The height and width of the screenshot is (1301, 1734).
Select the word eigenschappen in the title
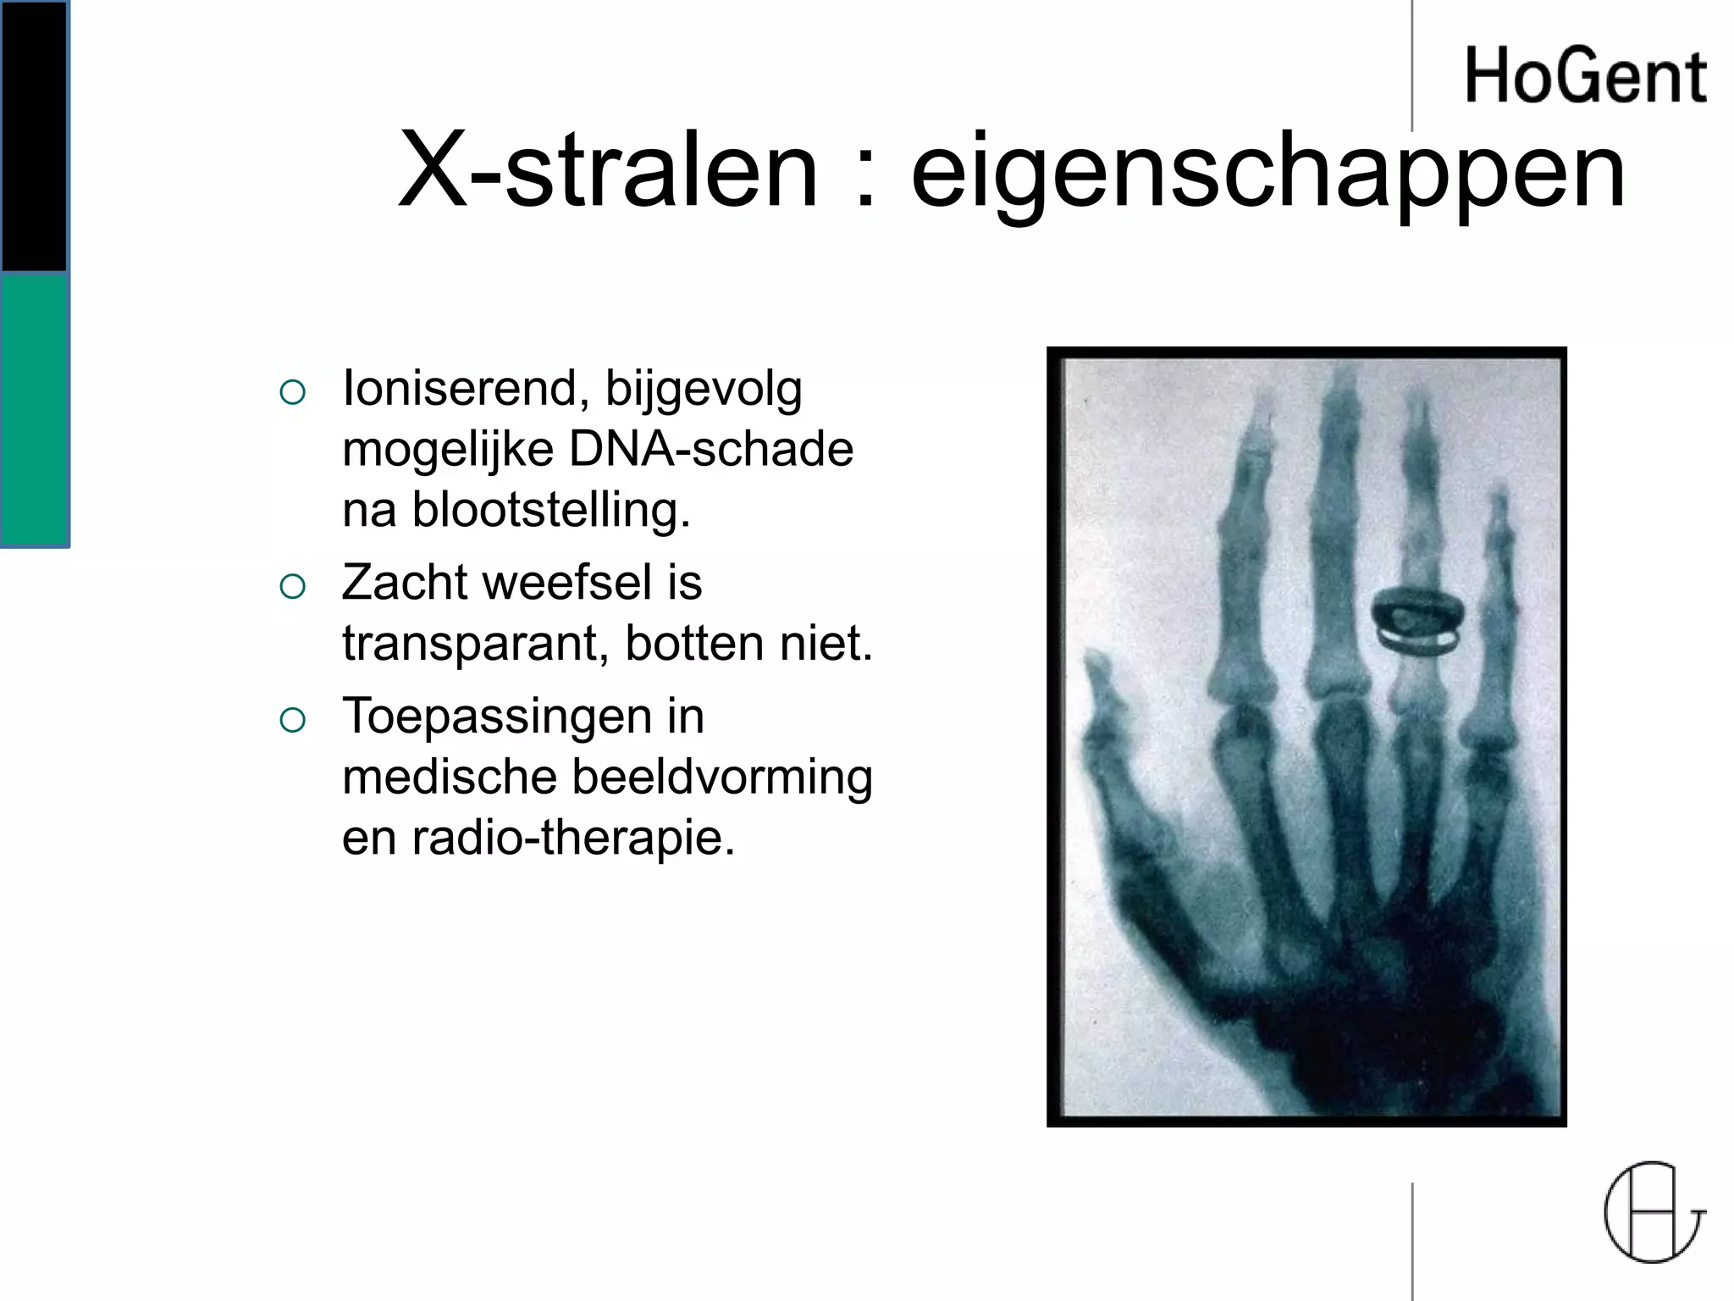point(1267,174)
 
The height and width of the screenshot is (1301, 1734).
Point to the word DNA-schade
point(711,449)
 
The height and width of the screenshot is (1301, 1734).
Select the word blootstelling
point(551,510)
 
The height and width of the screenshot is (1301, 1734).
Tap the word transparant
point(475,644)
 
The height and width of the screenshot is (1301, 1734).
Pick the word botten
point(693,643)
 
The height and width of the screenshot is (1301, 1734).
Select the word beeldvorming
point(722,777)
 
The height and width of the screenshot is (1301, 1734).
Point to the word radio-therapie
point(573,839)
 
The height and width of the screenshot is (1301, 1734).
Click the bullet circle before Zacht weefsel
point(292,585)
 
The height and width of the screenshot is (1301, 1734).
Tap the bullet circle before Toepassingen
point(292,719)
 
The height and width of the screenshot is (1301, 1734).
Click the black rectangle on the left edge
point(34,136)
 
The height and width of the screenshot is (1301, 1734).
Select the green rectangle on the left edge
point(34,411)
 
